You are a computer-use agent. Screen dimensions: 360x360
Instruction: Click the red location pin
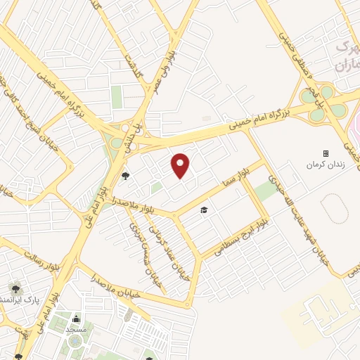pyautogui.click(x=181, y=166)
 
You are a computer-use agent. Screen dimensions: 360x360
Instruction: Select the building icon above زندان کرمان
pyautogui.click(x=325, y=153)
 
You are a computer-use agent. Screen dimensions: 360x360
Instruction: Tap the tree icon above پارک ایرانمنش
pyautogui.click(x=15, y=288)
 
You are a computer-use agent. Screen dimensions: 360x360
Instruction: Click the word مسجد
pyautogui.click(x=75, y=329)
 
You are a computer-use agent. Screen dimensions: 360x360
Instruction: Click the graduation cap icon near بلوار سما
pyautogui.click(x=204, y=210)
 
